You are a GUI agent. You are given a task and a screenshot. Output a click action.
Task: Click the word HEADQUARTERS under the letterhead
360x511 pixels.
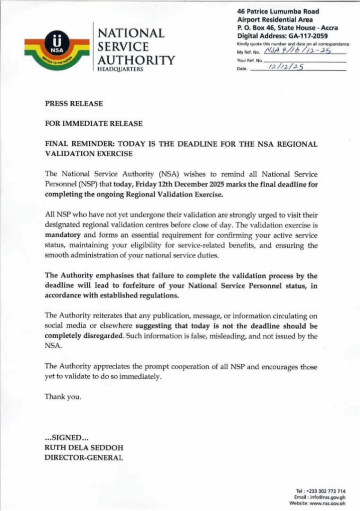click(x=120, y=69)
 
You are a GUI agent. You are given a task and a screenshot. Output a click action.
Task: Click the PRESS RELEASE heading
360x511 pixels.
click(x=74, y=104)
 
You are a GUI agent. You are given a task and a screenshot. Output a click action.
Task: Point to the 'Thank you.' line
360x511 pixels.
click(x=63, y=397)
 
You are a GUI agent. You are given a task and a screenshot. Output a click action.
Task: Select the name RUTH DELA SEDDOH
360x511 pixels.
click(x=84, y=448)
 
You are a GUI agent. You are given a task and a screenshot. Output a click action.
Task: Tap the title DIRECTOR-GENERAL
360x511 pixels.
click(x=84, y=458)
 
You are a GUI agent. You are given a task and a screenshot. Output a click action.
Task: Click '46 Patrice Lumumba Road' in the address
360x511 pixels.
click(x=278, y=11)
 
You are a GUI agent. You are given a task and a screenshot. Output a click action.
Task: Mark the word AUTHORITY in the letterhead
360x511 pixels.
click(x=136, y=60)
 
